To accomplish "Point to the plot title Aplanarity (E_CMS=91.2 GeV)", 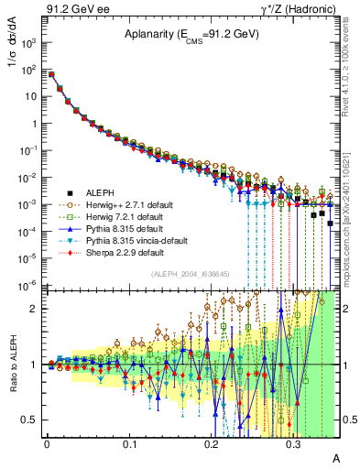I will tap(188, 35).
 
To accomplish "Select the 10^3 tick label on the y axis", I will tap(30, 43).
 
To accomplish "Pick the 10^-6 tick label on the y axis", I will tap(30, 285).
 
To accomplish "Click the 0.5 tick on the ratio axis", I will tap(30, 420).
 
